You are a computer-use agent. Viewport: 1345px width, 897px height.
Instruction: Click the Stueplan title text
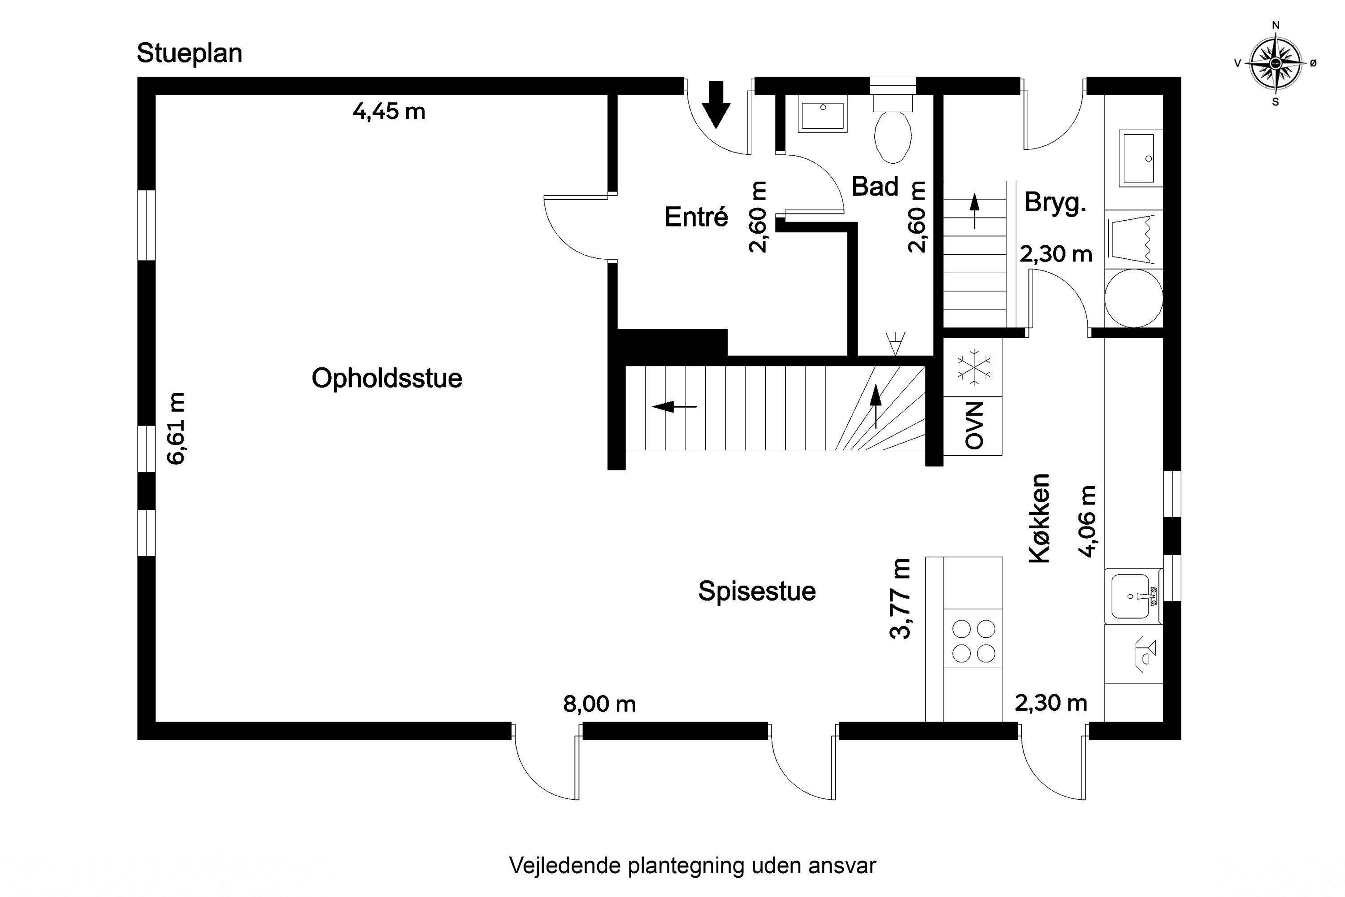pos(189,53)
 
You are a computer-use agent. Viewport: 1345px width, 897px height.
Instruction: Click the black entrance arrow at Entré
pos(716,104)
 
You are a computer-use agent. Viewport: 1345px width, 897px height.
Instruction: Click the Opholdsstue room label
pos(386,378)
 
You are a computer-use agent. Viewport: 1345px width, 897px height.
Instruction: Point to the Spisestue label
pos(757,591)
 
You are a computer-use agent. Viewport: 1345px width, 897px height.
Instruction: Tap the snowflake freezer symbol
pos(973,366)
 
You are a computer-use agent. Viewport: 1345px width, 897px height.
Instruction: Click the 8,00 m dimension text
pos(599,704)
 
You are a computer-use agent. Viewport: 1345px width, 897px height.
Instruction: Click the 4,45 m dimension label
pos(389,112)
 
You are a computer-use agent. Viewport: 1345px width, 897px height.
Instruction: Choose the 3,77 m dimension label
pos(899,598)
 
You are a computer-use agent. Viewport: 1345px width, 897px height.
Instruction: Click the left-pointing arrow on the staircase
pos(674,407)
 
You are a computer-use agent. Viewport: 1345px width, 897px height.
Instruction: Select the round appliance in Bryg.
pos(1133,298)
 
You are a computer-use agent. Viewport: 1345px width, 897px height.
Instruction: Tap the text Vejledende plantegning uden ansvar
pos(692,866)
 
